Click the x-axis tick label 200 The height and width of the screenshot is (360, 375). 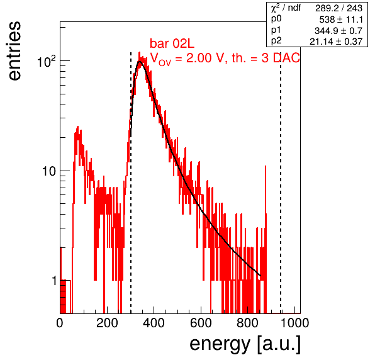[x=107, y=323]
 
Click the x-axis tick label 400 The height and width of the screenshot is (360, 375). [x=154, y=323]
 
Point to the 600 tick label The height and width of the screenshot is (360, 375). [x=201, y=323]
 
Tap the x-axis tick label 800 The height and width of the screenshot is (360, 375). [x=248, y=323]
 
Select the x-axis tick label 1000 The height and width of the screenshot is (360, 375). [x=294, y=323]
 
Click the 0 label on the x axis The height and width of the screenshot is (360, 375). [x=60, y=323]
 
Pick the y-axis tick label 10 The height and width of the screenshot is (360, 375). [x=50, y=171]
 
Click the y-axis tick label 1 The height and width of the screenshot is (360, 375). [x=54, y=281]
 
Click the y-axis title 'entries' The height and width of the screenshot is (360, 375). [x=15, y=51]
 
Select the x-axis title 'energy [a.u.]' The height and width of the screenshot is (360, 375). [x=245, y=344]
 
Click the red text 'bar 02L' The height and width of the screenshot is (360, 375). [x=172, y=43]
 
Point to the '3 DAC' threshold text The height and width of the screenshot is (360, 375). [x=281, y=58]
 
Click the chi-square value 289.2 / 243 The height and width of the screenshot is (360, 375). [x=339, y=8]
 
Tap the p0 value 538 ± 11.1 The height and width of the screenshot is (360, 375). [x=341, y=20]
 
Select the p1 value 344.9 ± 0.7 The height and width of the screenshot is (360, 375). [x=339, y=31]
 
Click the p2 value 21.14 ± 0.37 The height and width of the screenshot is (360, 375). [x=336, y=42]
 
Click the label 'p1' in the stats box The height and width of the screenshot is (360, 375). [x=276, y=30]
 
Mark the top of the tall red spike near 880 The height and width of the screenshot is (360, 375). [x=266, y=166]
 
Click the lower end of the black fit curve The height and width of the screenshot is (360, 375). [x=260, y=276]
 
